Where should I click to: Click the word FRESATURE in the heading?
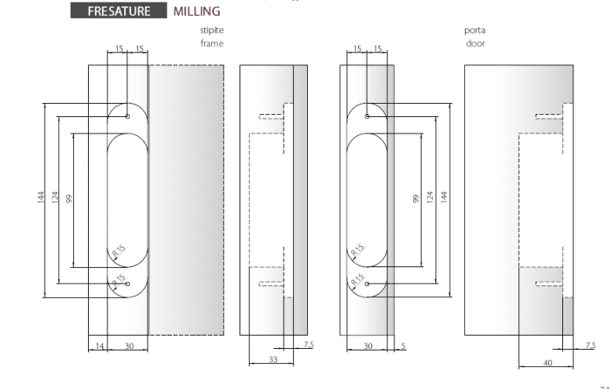coord(119,11)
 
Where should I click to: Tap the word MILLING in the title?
coord(196,11)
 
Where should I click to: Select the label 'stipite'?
coord(212,31)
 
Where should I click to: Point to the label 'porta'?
coord(475,31)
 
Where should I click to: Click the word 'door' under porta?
coord(476,44)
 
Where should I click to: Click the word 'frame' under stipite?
coord(212,44)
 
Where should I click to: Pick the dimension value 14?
coord(100,345)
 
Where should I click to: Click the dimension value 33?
coord(273,359)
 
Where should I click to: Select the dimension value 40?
coord(547,363)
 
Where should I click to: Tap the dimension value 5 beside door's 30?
coord(403,345)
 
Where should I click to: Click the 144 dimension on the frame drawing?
coord(41,197)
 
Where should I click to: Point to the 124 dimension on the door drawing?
coord(429,197)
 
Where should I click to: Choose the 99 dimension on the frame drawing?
coord(69,199)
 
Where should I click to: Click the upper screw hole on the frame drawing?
coord(127,116)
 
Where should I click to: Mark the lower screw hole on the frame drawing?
coord(127,283)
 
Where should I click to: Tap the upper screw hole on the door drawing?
coord(367,116)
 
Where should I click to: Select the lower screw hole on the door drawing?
coord(367,283)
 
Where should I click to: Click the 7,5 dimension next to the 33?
coord(309,345)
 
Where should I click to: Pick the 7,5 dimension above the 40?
coord(590,345)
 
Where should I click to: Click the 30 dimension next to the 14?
coord(129,345)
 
